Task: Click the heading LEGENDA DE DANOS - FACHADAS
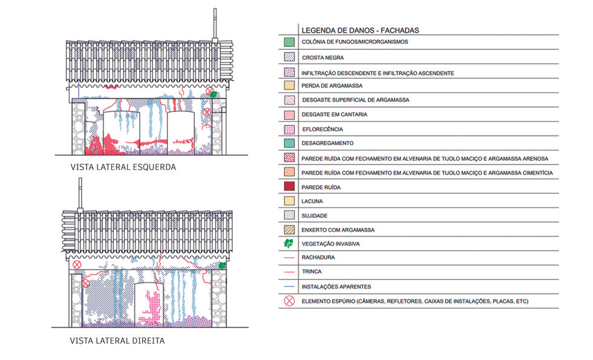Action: pos(360,30)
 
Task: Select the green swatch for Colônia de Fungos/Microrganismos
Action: pos(290,42)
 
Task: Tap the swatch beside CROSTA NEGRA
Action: pos(290,57)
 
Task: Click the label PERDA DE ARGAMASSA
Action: pos(332,86)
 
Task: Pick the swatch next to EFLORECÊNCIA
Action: pos(290,129)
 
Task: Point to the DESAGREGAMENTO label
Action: pos(327,143)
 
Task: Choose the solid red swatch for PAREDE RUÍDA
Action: pos(290,187)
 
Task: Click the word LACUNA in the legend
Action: pos(313,201)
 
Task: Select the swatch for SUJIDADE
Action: pos(290,216)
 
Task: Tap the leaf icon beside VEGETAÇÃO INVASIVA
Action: pos(290,244)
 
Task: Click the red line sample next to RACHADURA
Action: pos(290,257)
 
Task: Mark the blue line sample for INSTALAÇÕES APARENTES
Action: pos(290,286)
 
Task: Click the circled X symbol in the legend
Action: pos(290,301)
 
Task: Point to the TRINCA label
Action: pos(312,272)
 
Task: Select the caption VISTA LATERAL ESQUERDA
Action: pos(123,167)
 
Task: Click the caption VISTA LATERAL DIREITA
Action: pos(117,341)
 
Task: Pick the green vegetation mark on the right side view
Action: pos(222,265)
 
